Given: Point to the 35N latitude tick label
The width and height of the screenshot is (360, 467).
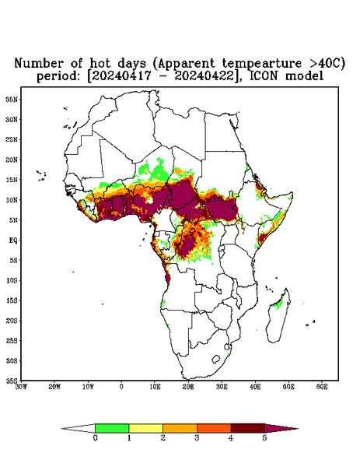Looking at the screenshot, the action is [x=12, y=100].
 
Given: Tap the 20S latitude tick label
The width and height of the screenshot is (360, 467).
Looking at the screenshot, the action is [x=12, y=321].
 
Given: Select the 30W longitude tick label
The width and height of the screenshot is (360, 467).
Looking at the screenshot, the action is [x=21, y=387].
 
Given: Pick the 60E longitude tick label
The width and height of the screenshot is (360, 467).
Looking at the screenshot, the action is [x=322, y=387].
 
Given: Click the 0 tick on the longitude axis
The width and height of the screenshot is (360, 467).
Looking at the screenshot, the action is [x=121, y=387].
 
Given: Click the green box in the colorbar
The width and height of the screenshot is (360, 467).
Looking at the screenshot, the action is [x=112, y=428].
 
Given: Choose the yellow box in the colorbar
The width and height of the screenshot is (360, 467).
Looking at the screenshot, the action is [x=145, y=428].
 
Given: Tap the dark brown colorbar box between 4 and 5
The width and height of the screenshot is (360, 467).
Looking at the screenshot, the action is [x=248, y=428].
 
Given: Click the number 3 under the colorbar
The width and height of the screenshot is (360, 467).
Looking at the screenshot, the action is [x=197, y=438].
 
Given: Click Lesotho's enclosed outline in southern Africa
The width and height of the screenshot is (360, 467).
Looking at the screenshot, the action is [x=216, y=359].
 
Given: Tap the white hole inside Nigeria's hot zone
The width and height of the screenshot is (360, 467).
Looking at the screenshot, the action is [x=149, y=201].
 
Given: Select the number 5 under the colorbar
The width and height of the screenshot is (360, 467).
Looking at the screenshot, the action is [x=265, y=438].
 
